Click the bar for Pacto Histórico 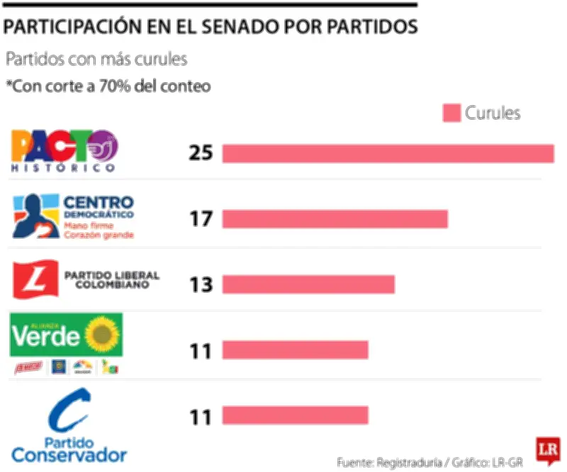click(x=388, y=153)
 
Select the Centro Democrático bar click(x=335, y=219)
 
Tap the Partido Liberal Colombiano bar click(x=308, y=284)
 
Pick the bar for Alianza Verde click(x=295, y=350)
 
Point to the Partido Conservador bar click(x=295, y=415)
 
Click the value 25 click(x=201, y=153)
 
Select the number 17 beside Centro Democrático click(x=201, y=219)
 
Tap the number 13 click(x=201, y=285)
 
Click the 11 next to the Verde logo click(x=201, y=350)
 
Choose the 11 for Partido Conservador click(x=201, y=416)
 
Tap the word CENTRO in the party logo click(x=99, y=202)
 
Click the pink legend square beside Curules click(x=452, y=113)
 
